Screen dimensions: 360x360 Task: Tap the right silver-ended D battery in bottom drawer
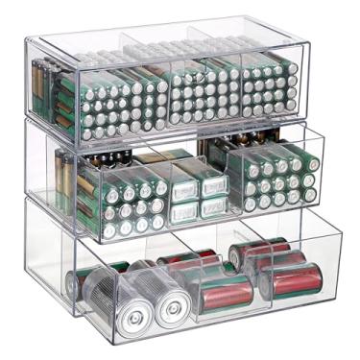click(174, 309)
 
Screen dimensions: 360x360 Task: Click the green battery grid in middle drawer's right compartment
click(278, 180)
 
